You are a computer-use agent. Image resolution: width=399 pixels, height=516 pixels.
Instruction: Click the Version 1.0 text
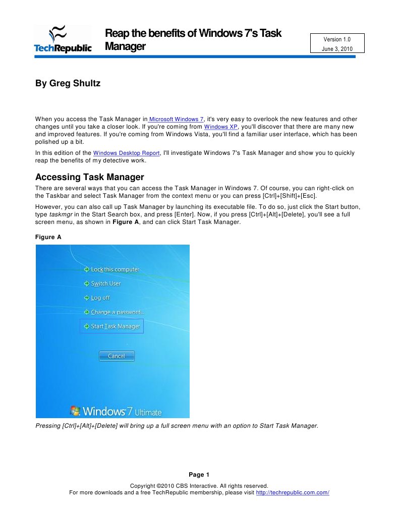click(x=336, y=39)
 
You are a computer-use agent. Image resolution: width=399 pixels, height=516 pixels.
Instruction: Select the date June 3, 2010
click(x=336, y=49)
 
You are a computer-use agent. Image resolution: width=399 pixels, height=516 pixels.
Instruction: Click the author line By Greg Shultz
click(x=68, y=83)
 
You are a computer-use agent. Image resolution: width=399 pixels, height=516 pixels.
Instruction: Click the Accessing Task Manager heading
click(x=90, y=178)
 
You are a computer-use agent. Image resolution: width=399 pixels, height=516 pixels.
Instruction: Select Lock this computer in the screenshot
click(x=115, y=269)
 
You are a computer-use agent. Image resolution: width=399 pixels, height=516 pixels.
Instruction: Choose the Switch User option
click(x=105, y=283)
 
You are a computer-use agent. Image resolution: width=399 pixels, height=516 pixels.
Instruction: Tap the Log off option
click(x=100, y=298)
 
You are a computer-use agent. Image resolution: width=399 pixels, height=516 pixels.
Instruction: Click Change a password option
click(x=117, y=312)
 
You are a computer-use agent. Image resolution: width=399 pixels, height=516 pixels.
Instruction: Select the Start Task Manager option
click(x=115, y=326)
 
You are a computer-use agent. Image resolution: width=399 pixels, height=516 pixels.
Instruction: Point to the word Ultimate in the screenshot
click(x=148, y=412)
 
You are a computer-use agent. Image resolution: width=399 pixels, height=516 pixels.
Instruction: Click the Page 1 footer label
click(x=199, y=475)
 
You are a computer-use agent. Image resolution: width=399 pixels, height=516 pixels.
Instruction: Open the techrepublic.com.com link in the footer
click(x=293, y=492)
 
